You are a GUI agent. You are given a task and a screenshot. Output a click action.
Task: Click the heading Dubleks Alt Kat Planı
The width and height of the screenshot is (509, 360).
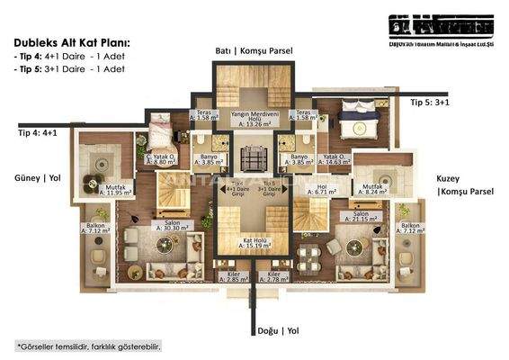click(x=72, y=42)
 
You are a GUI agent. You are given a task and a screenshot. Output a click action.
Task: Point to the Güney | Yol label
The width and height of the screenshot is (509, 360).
click(x=32, y=178)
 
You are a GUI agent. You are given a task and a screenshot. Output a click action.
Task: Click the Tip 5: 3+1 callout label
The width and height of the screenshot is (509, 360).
click(x=430, y=103)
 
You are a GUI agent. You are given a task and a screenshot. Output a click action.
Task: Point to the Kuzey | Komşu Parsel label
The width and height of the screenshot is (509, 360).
click(x=460, y=185)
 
